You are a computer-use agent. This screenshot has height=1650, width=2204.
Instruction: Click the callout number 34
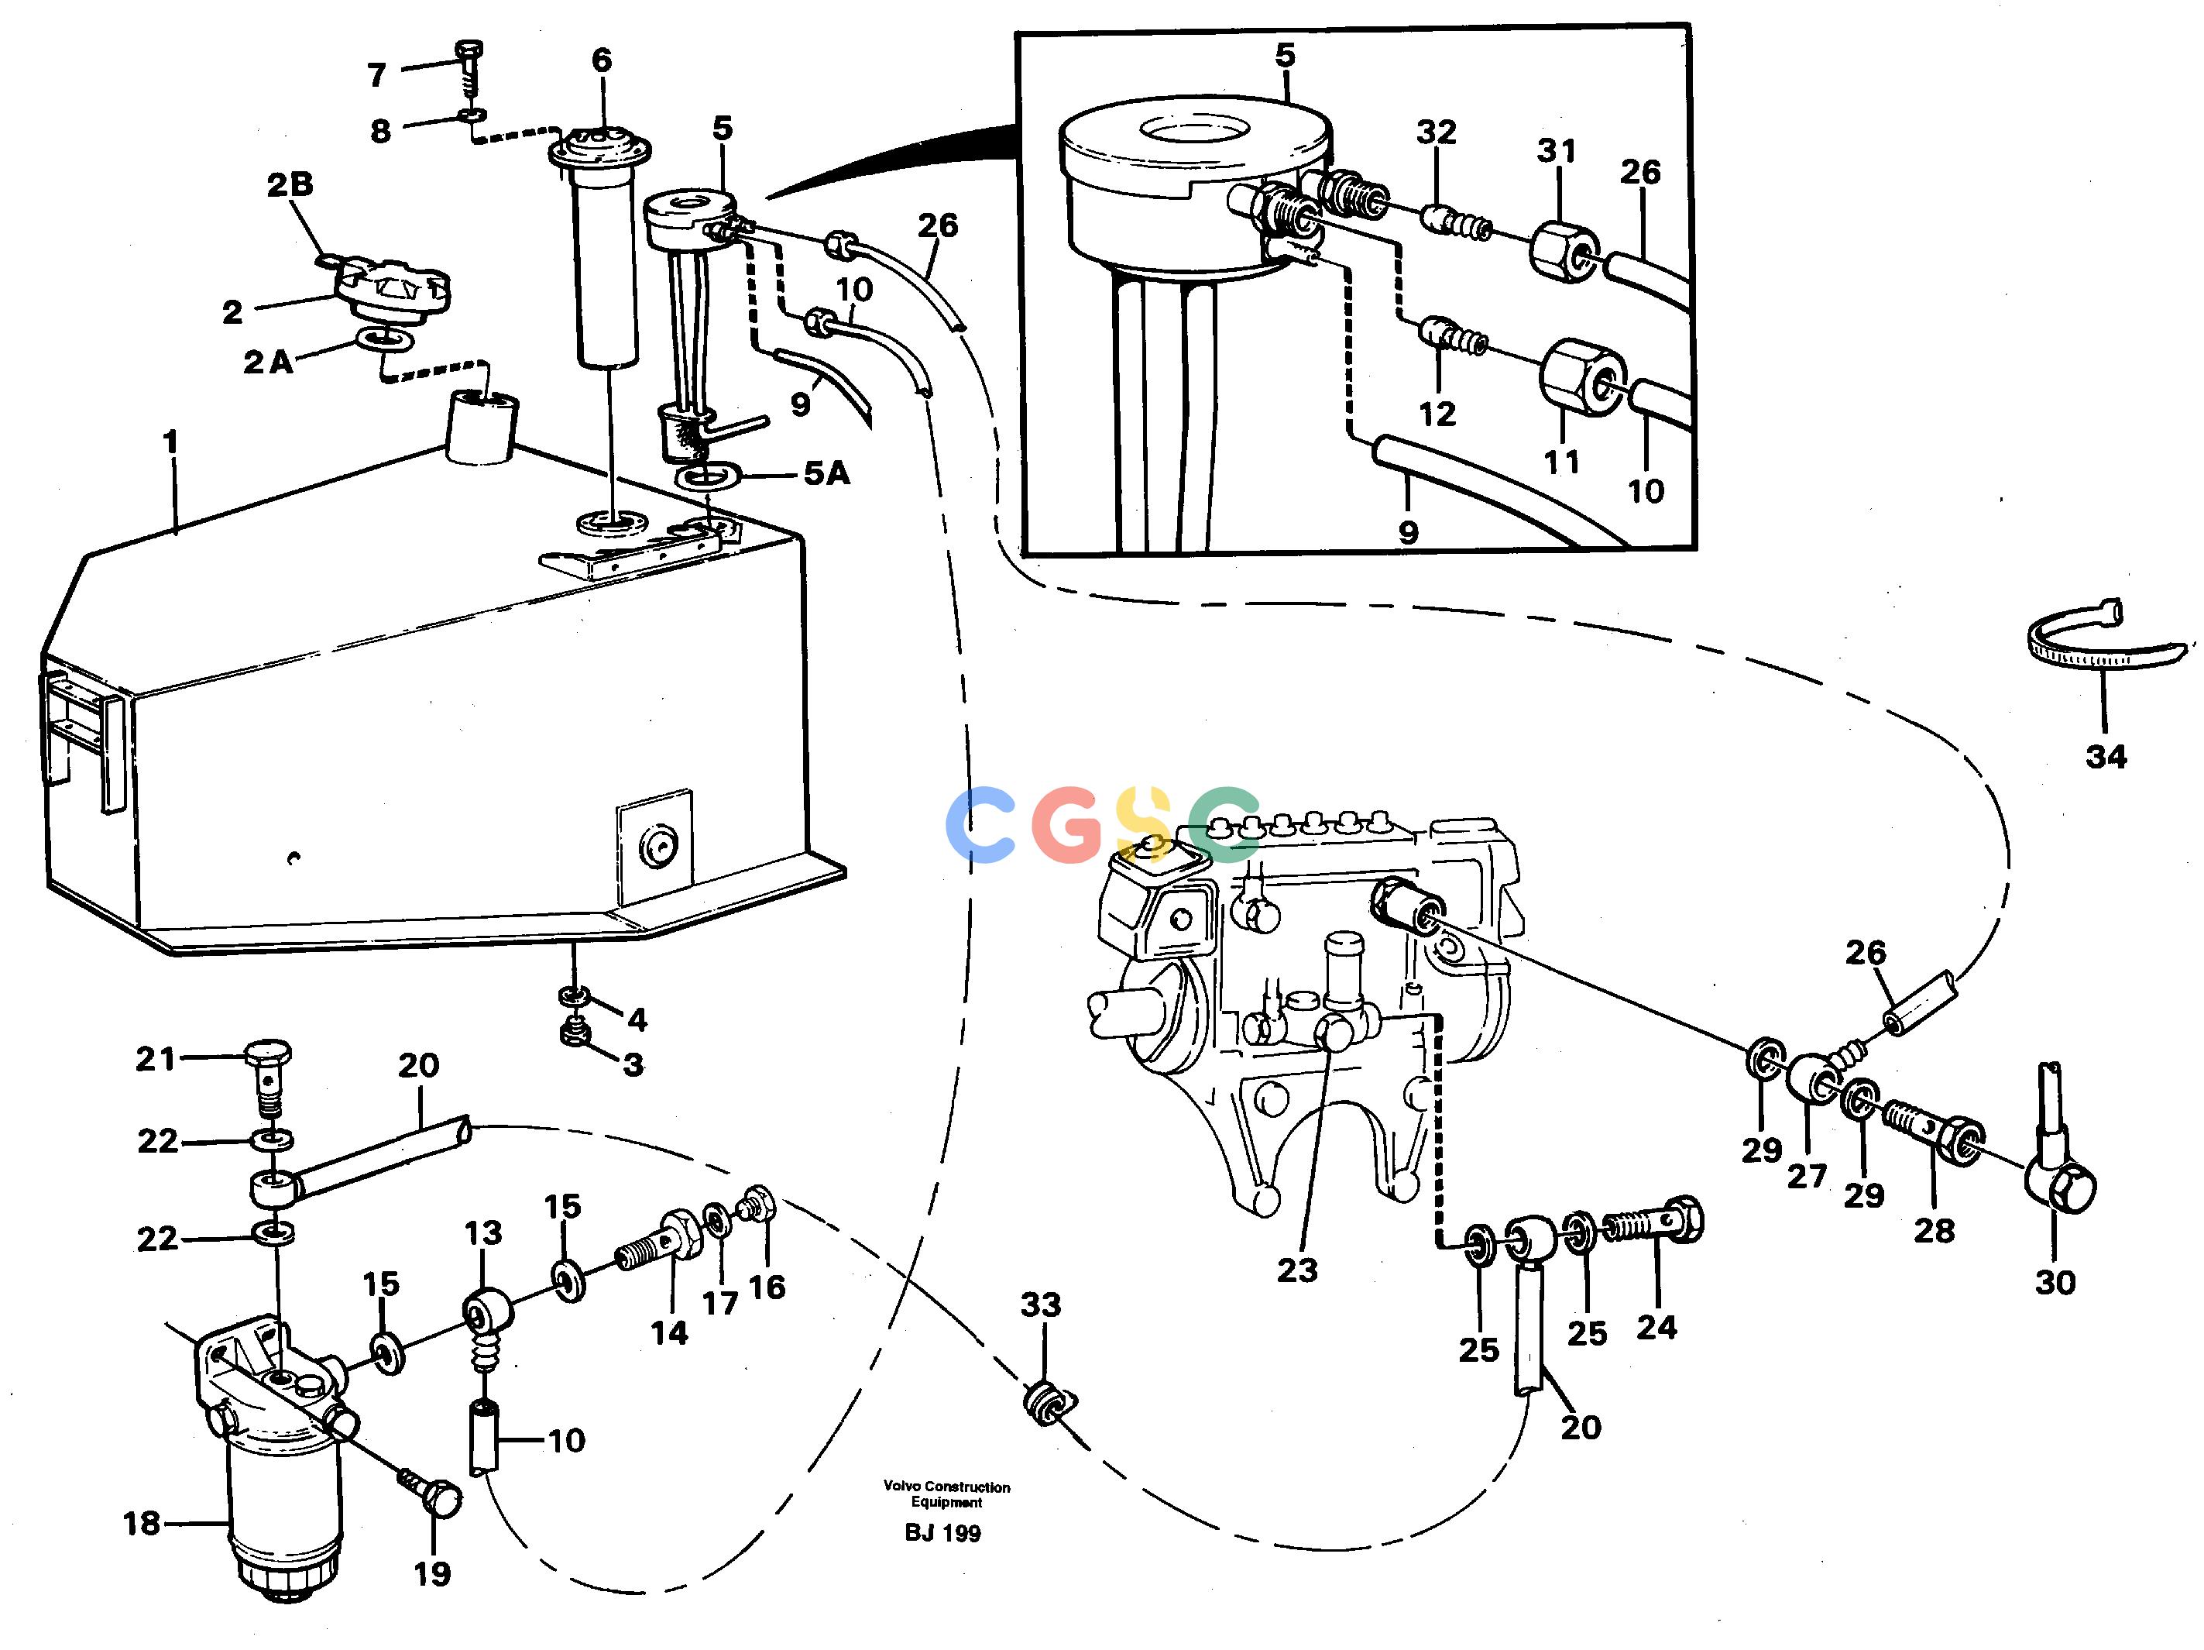[x=2106, y=756]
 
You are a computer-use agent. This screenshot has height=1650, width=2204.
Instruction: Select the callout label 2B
[x=290, y=184]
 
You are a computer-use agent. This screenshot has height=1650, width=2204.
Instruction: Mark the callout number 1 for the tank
[x=170, y=441]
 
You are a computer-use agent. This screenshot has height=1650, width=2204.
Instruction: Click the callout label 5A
[x=827, y=473]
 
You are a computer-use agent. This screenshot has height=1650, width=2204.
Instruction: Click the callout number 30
[x=2055, y=1281]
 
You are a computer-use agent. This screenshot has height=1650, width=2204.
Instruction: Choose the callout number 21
[x=156, y=1058]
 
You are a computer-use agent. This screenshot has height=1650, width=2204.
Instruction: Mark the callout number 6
[x=602, y=60]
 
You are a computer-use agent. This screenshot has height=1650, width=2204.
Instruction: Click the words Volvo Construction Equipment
[x=946, y=1494]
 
